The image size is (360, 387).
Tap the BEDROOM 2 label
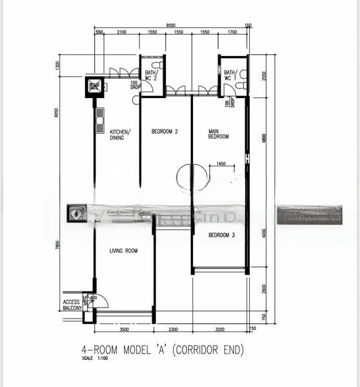165,132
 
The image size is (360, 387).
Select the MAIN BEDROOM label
218,134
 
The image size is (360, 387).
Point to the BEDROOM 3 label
221,235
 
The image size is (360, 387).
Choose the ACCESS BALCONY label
72,305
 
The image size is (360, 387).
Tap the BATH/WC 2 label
150,76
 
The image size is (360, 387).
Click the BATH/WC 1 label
230,76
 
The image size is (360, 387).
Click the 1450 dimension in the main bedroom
221,164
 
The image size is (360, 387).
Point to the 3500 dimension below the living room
124,329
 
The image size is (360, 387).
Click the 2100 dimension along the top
121,32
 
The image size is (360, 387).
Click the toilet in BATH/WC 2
157,66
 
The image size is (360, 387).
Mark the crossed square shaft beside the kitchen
94,86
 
